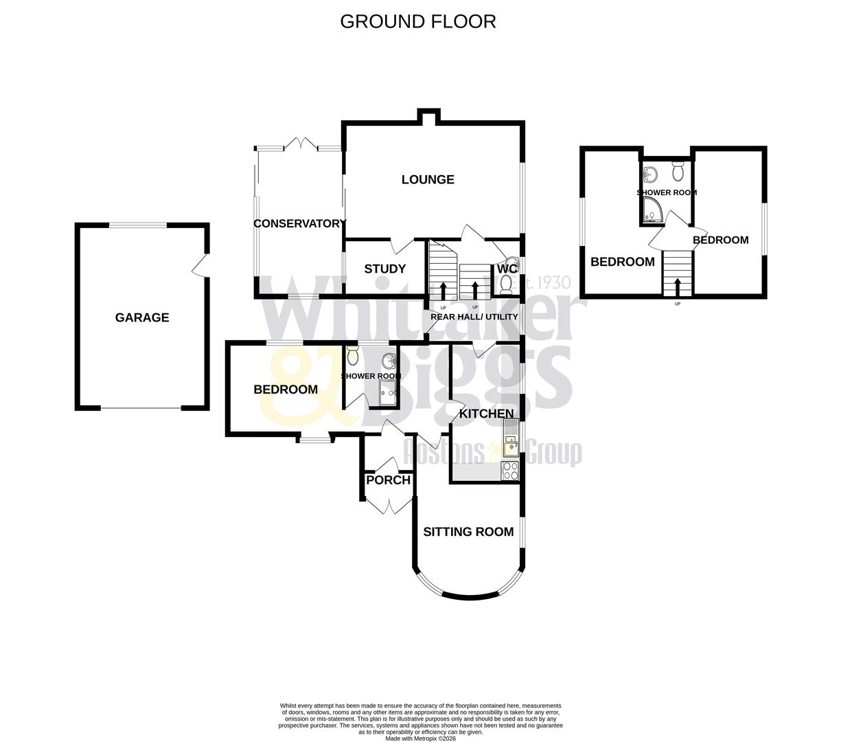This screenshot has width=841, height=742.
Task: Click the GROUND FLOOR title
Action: pos(417,21)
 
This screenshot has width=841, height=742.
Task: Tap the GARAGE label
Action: pos(142,317)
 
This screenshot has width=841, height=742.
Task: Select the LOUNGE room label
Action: pos(428,179)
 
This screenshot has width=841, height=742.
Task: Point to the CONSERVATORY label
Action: pos(299,223)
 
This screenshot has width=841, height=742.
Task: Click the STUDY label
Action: pos(384,269)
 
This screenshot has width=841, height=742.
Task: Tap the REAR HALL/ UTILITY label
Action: pos(474,317)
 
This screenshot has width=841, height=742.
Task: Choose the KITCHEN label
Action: pos(486,414)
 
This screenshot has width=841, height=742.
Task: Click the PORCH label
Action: pos(388,480)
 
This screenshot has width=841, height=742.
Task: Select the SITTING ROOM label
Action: pos(468,532)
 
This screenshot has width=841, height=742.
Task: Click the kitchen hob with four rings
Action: pos(511,470)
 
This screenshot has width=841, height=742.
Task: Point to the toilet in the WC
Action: pos(507,282)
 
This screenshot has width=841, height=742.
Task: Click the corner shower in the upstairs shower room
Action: pos(653,214)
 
